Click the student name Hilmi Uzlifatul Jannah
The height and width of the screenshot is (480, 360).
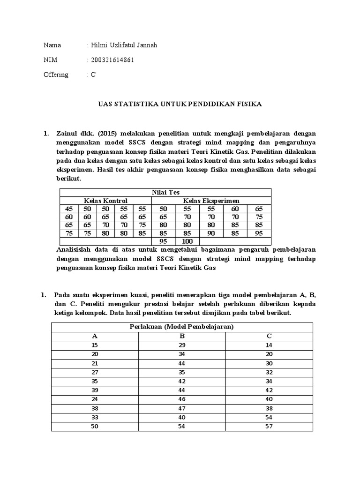coord(124,45)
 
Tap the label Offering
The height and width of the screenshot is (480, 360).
coord(56,75)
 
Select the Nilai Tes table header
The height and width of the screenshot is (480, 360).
coord(165,192)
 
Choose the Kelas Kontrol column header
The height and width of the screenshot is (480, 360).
coord(105,201)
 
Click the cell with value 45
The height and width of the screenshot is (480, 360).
coord(69,209)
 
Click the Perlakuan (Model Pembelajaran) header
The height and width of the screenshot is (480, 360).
coord(181,327)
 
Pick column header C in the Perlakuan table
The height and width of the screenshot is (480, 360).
coord(269,336)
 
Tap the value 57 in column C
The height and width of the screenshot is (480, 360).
coord(269,426)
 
